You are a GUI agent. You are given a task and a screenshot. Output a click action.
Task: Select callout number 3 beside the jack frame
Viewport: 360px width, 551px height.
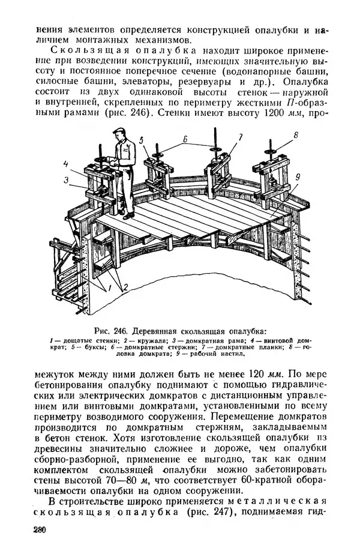(x=67, y=178)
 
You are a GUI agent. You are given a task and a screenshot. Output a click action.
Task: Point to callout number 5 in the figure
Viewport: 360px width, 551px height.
(x=142, y=140)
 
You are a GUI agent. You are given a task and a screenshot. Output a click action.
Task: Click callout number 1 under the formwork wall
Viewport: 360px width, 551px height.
(x=109, y=289)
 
